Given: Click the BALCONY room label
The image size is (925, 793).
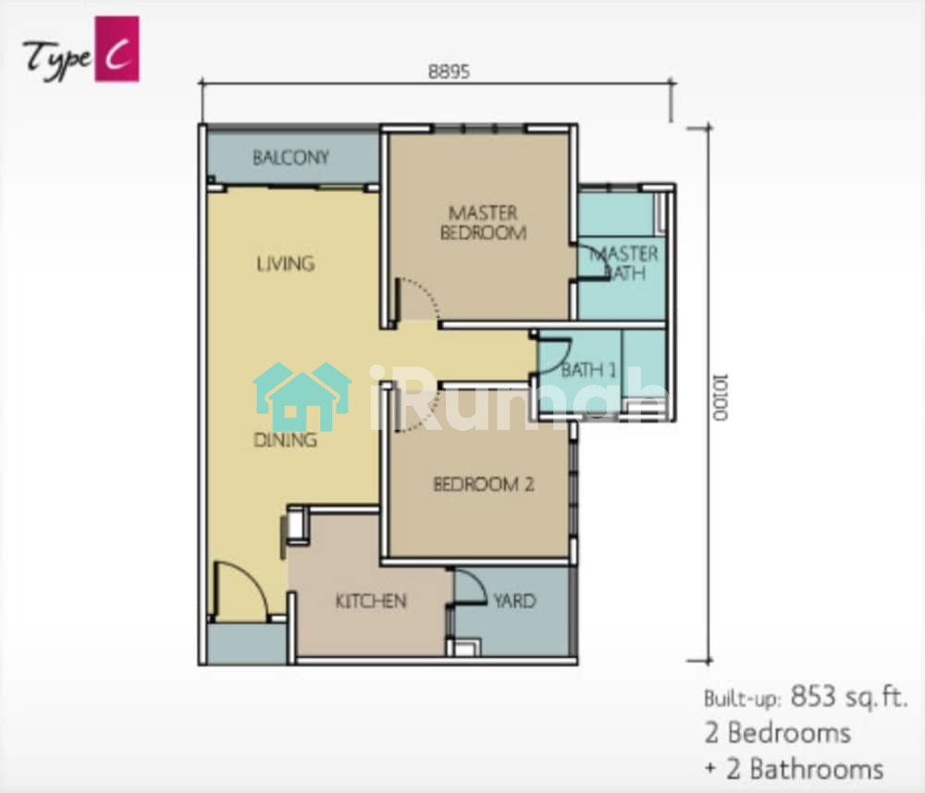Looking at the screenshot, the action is (290, 157).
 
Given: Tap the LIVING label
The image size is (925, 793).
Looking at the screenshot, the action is (286, 263).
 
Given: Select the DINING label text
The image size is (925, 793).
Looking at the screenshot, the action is (286, 440).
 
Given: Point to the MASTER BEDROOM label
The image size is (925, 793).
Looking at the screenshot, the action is (483, 222).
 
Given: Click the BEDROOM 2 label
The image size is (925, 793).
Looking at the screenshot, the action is (484, 484).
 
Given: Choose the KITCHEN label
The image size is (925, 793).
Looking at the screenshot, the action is (371, 601).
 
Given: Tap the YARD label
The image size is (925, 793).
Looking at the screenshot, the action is (515, 601).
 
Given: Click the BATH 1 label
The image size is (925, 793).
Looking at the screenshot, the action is (588, 370).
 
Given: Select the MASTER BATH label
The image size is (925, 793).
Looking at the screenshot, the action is (624, 263).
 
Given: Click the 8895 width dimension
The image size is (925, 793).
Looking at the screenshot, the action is (449, 72).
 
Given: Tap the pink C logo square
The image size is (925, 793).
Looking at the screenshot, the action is (117, 48).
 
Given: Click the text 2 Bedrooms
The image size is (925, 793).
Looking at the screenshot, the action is (778, 733).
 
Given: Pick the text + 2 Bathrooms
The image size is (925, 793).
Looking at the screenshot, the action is (794, 769).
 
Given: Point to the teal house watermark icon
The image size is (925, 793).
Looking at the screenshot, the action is (302, 396).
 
